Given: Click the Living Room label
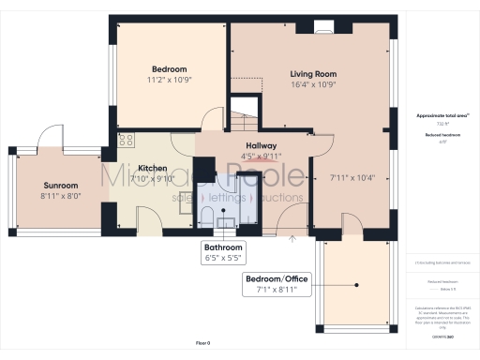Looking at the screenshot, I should (312, 73).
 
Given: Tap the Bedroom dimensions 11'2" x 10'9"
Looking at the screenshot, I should (170, 80).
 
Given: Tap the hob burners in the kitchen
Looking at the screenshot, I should (126, 142).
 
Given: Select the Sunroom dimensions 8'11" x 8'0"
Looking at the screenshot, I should (61, 197).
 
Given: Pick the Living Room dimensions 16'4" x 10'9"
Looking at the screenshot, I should (312, 84).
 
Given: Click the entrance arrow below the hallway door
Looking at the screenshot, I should (293, 239).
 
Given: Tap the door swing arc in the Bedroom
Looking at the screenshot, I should (212, 119).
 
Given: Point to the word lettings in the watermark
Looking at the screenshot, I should (224, 198).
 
